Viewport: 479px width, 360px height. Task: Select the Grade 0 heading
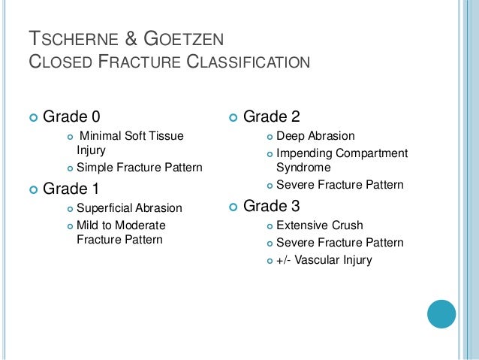71,116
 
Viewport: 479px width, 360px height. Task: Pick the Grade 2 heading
273,116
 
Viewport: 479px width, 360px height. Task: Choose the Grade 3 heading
273,205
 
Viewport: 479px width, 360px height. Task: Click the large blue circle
441,313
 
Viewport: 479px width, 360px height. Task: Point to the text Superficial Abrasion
128,207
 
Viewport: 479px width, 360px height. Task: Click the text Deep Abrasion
315,136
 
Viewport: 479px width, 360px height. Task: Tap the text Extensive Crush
319,225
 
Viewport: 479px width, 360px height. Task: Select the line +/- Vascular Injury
324,260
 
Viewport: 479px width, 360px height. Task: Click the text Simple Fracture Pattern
139,168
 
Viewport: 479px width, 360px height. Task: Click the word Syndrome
303,168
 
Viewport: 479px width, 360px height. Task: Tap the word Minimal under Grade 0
101,136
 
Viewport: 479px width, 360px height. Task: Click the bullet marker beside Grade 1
32,189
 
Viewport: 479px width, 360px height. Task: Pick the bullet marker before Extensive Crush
270,225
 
